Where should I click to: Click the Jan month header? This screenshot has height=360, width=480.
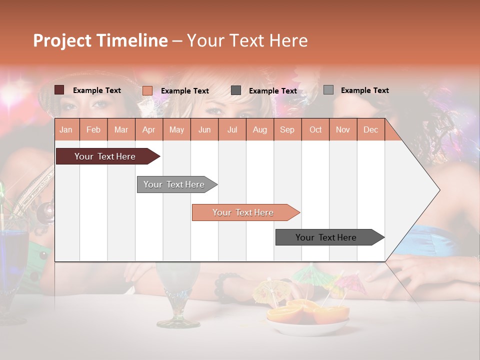point(66,129)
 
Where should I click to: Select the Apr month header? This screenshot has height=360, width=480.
point(148,129)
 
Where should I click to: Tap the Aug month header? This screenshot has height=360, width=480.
point(259,129)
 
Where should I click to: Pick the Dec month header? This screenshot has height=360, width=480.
point(370,129)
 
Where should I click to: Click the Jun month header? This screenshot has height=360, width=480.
point(204,129)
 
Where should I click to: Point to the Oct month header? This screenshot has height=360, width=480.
point(315,129)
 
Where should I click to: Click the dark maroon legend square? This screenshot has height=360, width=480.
point(59,90)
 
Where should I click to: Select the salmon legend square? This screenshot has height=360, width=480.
point(147,90)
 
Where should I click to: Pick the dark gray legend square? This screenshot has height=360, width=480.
point(235,90)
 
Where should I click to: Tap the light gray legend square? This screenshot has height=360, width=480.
point(328,90)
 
